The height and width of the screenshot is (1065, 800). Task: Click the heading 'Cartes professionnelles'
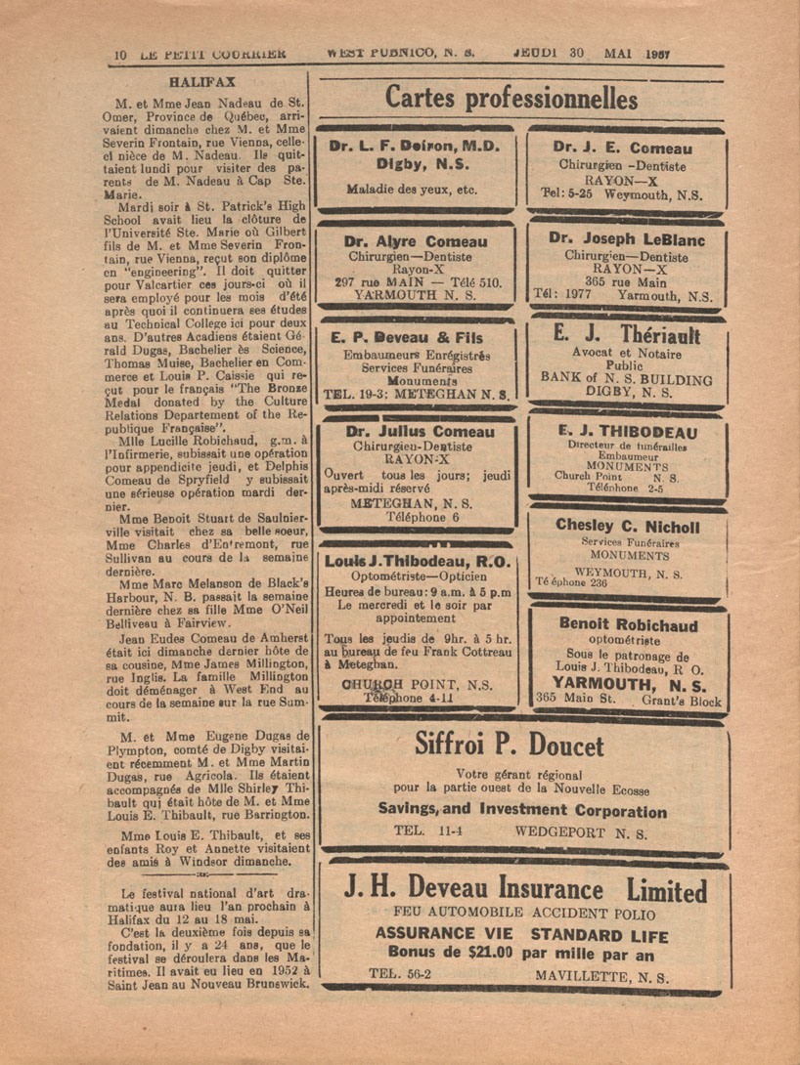pyautogui.click(x=511, y=99)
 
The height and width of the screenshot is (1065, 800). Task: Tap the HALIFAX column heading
pyautogui.click(x=199, y=83)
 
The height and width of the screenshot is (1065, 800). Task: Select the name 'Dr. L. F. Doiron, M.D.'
pyautogui.click(x=415, y=146)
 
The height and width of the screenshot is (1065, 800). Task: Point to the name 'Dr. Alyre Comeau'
pyautogui.click(x=415, y=240)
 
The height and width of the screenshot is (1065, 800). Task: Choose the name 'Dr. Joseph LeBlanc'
pyautogui.click(x=626, y=238)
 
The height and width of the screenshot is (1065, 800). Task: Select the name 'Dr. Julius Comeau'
pyautogui.click(x=412, y=429)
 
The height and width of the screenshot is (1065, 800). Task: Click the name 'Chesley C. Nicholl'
pyautogui.click(x=627, y=526)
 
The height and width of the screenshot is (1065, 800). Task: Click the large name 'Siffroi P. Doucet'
pyautogui.click(x=523, y=745)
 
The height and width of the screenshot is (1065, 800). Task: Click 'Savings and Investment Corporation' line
pyautogui.click(x=522, y=811)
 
